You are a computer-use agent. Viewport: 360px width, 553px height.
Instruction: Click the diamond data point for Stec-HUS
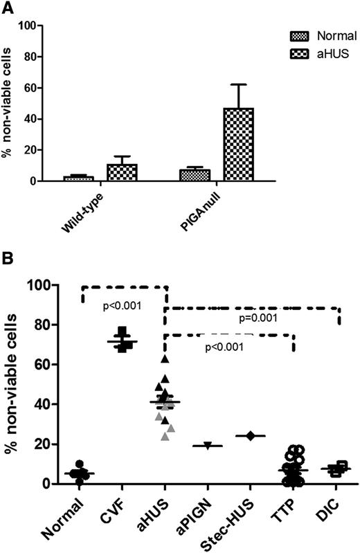pyautogui.click(x=251, y=435)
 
